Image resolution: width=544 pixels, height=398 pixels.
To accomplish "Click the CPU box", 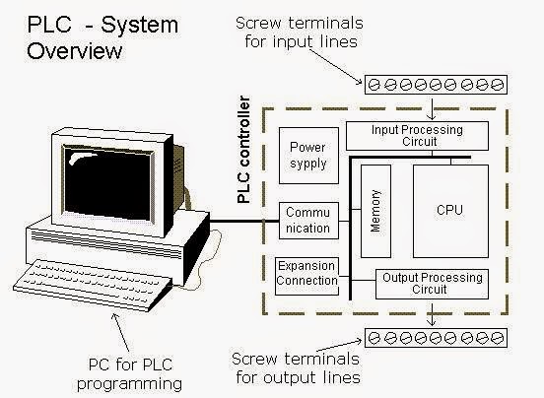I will click(x=448, y=210).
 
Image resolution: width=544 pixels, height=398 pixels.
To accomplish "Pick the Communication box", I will click(x=307, y=220).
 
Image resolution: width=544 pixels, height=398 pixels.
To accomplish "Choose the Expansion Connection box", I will click(x=307, y=274).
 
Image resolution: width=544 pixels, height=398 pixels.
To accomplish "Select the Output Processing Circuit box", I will click(x=432, y=285).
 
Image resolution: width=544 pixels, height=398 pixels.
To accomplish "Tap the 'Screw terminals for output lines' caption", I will click(x=295, y=368).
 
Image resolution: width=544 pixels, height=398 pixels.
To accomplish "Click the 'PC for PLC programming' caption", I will click(x=123, y=373).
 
